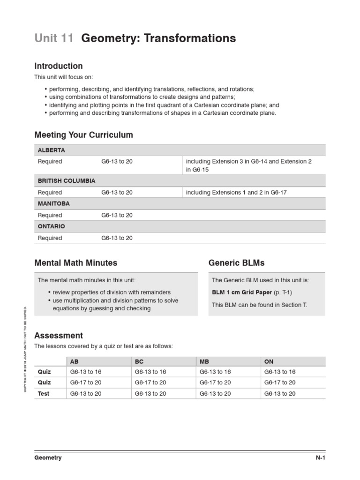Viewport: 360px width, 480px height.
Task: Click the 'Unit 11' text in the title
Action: [x=54, y=38]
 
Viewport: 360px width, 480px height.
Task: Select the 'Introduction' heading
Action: [x=59, y=66]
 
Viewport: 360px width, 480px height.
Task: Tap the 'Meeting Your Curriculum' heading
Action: [x=84, y=135]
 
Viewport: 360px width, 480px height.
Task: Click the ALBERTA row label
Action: [x=52, y=150]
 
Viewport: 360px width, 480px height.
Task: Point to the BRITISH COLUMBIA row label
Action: [x=67, y=180]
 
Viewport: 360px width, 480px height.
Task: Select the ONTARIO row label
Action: [x=52, y=226]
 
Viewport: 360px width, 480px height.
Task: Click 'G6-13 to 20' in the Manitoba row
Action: [x=117, y=215]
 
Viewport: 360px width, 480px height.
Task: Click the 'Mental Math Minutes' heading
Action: [x=76, y=263]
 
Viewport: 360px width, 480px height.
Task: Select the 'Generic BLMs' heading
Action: [x=236, y=263]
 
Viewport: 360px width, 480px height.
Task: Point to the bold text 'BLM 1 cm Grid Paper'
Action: [x=242, y=292]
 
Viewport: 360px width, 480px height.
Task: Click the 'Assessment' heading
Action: [x=59, y=336]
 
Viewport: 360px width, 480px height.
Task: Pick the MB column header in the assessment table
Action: [x=204, y=361]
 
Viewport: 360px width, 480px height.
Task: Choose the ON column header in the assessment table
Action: [x=269, y=361]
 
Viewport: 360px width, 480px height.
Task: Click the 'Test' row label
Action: [x=44, y=394]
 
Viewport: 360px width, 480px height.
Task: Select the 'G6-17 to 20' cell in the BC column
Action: [x=150, y=382]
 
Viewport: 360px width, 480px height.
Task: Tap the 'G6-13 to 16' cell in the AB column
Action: [x=86, y=372]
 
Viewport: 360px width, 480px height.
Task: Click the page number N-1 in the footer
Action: [x=320, y=458]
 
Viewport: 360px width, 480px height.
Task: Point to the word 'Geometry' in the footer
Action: [x=48, y=458]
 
